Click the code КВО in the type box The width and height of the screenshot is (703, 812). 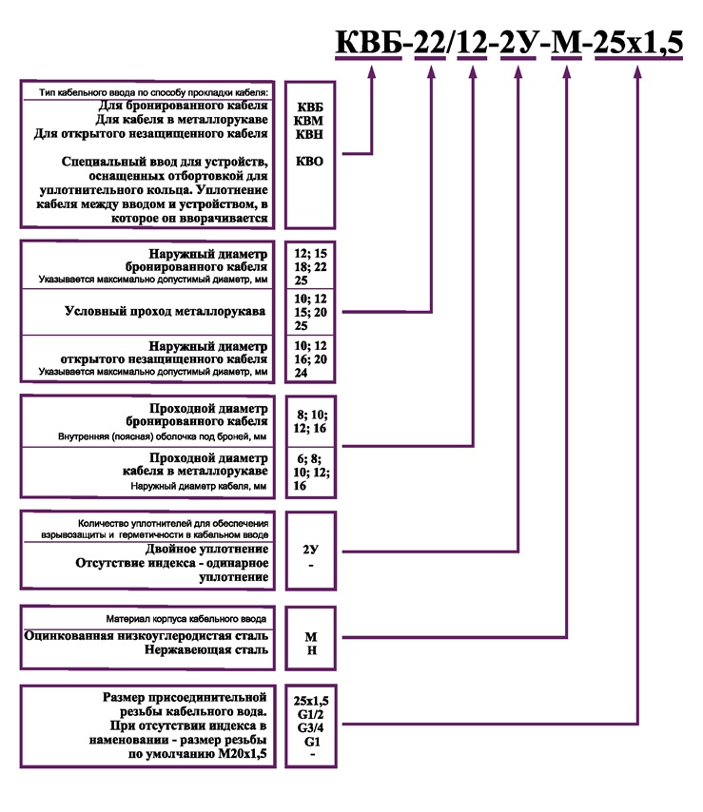tap(310, 162)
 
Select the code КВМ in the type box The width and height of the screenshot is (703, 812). tap(310, 121)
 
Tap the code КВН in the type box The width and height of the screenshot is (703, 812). tap(310, 134)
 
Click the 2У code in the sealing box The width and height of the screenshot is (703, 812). tap(310, 551)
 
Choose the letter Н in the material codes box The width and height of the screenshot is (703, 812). tap(310, 651)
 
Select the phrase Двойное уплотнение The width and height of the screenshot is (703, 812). tap(206, 550)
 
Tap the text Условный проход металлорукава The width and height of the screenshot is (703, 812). tap(166, 311)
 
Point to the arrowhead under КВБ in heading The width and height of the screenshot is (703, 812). tap(372, 69)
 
